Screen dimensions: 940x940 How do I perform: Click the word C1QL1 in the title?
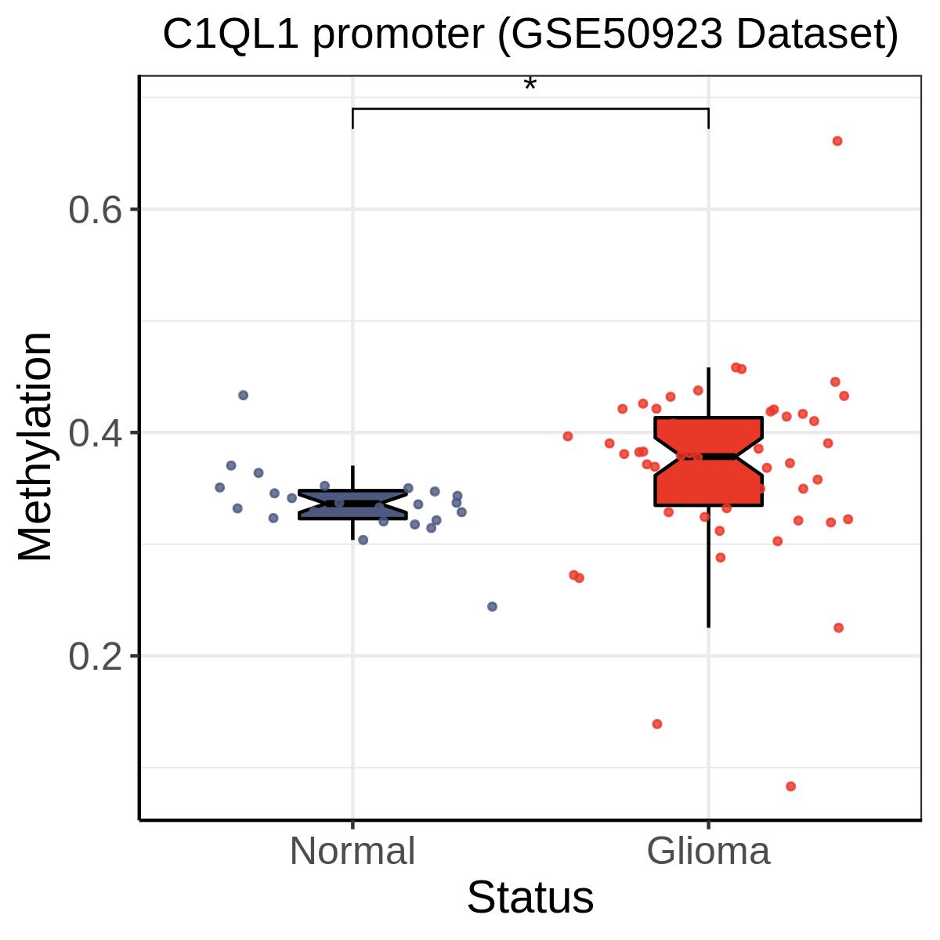[230, 34]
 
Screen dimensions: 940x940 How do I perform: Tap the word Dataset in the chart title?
[817, 34]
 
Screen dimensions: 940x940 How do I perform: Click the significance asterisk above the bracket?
[530, 84]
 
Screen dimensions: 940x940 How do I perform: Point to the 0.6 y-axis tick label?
[95, 210]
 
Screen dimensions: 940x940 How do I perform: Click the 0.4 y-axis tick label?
[95, 432]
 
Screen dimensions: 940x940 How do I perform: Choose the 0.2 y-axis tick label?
[95, 656]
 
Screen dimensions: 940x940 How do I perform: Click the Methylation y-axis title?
[34, 446]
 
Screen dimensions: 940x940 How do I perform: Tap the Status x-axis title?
[530, 897]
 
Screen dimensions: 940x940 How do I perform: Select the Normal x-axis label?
[352, 851]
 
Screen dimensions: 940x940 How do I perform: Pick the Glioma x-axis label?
[708, 851]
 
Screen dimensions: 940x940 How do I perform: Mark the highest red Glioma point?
[837, 141]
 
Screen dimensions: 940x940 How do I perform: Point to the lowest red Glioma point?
[790, 786]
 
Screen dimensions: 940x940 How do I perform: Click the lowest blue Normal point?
[492, 606]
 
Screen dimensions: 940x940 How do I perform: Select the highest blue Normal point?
[243, 395]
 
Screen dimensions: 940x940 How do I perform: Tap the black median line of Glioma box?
[708, 457]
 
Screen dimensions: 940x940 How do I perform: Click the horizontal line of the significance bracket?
[530, 109]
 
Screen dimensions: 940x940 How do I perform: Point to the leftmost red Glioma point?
[567, 436]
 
